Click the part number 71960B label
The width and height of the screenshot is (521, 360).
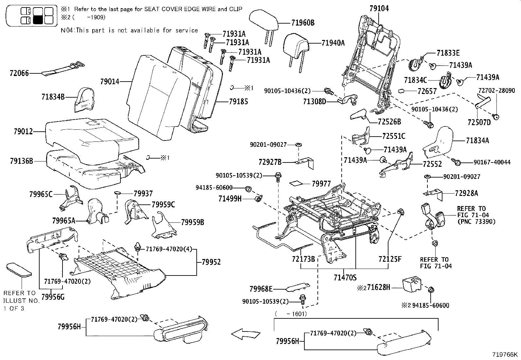tap(302, 23)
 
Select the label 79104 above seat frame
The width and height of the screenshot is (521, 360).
tap(379, 9)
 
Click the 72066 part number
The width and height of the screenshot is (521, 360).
tap(19, 73)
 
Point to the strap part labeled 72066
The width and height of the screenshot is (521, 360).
tap(62, 69)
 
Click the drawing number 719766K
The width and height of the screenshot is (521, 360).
tap(505, 355)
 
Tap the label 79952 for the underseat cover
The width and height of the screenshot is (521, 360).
tap(211, 262)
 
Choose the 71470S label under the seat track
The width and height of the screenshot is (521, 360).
tap(345, 278)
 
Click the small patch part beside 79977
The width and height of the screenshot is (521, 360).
tap(298, 183)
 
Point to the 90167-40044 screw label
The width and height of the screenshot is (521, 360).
tap(492, 162)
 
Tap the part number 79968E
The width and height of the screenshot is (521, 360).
tap(261, 289)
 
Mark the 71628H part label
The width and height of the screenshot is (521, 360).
tap(378, 288)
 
